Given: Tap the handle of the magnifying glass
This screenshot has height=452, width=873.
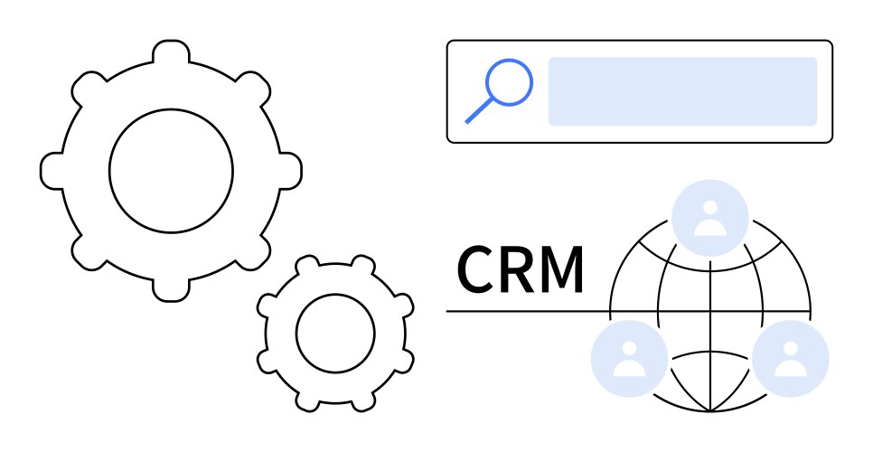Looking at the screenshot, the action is tap(479, 111).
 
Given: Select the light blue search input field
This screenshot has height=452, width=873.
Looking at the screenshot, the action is tap(682, 91).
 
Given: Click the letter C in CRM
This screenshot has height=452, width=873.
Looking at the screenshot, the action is tap(476, 269).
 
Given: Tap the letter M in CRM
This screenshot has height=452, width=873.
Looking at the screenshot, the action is tap(563, 269).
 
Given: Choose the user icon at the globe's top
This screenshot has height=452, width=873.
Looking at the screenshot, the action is tap(709, 218).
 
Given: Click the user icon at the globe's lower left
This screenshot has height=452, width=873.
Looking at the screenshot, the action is tap(629, 359).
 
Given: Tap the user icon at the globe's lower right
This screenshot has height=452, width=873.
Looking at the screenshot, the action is tap(791, 359).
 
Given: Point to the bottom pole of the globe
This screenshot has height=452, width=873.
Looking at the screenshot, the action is tap(709, 411).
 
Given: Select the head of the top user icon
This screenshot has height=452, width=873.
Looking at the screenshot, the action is tap(709, 208).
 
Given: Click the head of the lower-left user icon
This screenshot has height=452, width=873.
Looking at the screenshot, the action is tap(629, 348).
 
